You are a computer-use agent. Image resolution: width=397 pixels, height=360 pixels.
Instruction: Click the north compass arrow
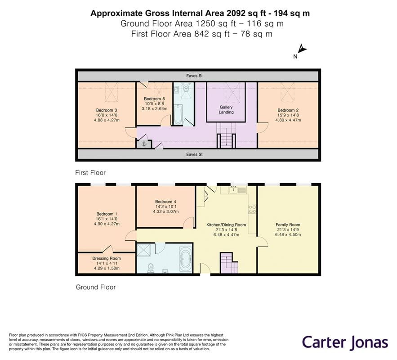tap(302, 49)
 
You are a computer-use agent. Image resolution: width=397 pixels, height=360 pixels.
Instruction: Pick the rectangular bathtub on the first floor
tap(177, 114)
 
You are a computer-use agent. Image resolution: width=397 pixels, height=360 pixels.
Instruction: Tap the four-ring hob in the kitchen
tap(252, 209)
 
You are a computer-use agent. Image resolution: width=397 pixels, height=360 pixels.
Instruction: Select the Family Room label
tap(288, 225)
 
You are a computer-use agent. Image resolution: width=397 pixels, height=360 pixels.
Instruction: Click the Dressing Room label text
tap(107, 258)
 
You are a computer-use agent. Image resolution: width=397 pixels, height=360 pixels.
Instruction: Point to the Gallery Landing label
tap(226, 110)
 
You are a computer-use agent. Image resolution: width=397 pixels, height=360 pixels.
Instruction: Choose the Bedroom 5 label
tap(154, 99)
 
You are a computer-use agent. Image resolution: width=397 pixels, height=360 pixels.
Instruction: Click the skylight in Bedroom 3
tap(111, 92)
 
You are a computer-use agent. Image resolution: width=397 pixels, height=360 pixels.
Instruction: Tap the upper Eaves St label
tap(195, 76)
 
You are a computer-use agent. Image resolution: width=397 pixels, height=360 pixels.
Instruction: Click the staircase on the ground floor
tap(229, 262)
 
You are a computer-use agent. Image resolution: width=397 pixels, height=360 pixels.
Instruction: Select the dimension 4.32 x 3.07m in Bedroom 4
tap(166, 211)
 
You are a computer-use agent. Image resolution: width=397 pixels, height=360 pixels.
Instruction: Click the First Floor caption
tap(90, 172)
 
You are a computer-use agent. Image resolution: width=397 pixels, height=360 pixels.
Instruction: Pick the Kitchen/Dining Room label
tap(226, 225)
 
